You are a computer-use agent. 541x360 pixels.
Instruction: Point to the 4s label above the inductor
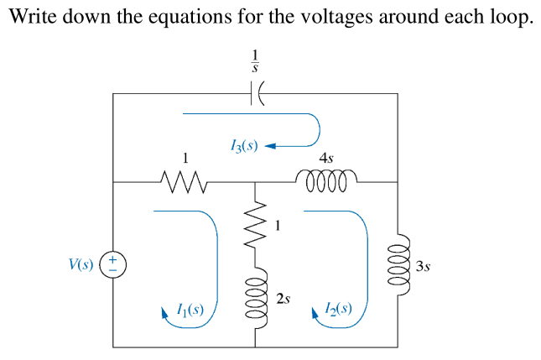(326, 157)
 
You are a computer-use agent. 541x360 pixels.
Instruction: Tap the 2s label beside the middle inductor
(284, 299)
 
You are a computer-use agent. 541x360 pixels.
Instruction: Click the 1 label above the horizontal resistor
(185, 157)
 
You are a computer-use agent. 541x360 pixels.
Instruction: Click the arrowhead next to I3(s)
(271, 147)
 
